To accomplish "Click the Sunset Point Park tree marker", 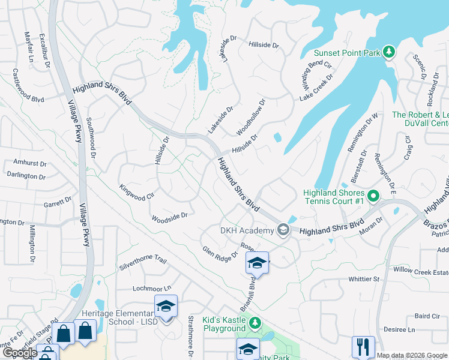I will [x=389, y=52].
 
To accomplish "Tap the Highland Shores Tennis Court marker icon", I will [x=373, y=196].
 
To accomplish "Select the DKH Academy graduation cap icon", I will [x=282, y=229].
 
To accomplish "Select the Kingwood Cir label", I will [x=137, y=191].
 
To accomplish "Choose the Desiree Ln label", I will [x=400, y=330].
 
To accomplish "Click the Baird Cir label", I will [x=427, y=316].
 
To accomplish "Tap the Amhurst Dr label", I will [x=29, y=163].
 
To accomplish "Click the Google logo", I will [x=19, y=353].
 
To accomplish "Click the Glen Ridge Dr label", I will [x=220, y=254].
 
